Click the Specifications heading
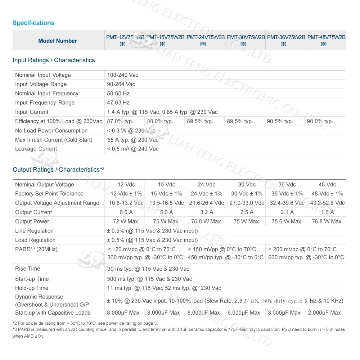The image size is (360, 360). (33, 23)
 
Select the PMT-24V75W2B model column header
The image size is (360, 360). (206, 37)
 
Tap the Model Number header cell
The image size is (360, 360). (58, 41)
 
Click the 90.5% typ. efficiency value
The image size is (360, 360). (280, 121)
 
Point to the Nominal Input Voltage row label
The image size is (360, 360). (43, 75)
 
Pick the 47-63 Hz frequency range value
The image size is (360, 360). (118, 103)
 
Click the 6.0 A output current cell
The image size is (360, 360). (126, 212)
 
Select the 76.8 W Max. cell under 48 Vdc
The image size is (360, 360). (327, 221)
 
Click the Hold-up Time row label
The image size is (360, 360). (32, 288)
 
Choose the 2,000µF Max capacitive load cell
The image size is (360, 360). (324, 313)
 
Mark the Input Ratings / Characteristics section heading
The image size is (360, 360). (54, 60)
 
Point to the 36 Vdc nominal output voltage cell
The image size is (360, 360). (287, 185)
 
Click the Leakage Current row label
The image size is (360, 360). (36, 149)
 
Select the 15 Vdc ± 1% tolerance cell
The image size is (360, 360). (166, 194)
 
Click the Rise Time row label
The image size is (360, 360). (28, 269)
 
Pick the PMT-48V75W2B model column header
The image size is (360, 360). (326, 37)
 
